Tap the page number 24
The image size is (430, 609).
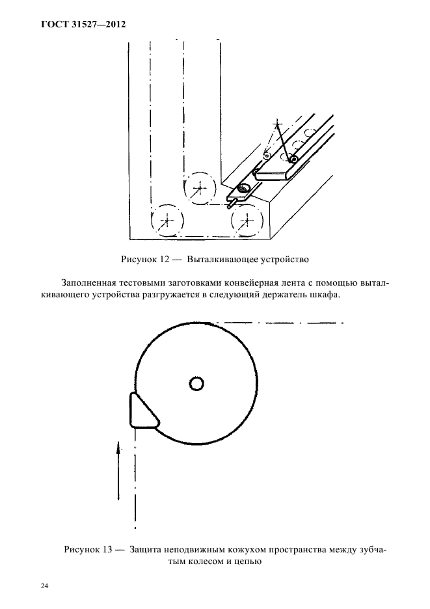[45, 586]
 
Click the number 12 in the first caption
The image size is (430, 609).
[163, 259]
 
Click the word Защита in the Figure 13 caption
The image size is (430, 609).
[148, 550]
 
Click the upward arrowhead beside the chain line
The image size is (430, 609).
[118, 448]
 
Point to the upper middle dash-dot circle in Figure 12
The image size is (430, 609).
[200, 188]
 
